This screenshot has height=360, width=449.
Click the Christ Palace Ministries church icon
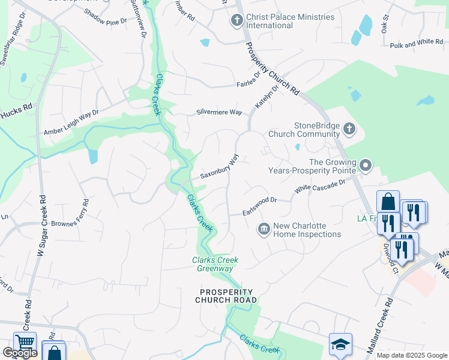coord(237,21)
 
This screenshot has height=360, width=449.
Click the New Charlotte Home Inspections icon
coord(264,229)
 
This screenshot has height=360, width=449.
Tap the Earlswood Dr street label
coord(259,204)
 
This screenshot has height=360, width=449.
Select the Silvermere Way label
coord(219,112)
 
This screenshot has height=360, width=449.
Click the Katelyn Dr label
coord(267,96)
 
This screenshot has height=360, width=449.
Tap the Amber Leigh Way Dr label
coord(71,124)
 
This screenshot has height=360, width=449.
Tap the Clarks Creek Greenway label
coord(215,264)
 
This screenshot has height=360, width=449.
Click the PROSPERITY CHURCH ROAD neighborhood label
coord(228,295)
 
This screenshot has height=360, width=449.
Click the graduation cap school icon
coord(340,344)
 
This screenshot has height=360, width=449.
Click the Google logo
coord(20,353)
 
